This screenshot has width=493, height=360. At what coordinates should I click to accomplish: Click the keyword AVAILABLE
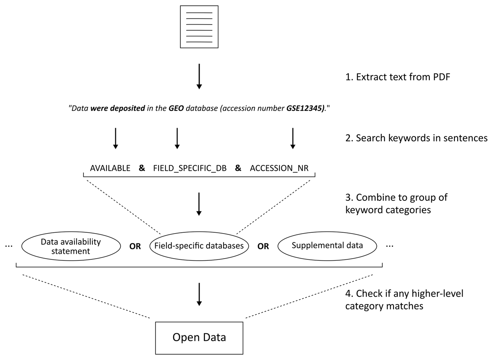coord(110,168)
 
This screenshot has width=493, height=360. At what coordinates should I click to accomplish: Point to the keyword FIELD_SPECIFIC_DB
coord(190,168)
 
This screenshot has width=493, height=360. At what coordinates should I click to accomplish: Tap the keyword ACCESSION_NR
coord(279,168)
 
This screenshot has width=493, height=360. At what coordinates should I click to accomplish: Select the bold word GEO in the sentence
coord(176,108)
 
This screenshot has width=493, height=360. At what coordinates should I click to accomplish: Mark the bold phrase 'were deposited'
coord(118,108)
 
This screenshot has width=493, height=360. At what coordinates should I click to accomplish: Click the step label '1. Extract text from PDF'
coord(398,77)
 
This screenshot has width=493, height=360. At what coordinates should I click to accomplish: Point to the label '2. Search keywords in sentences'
coord(417,138)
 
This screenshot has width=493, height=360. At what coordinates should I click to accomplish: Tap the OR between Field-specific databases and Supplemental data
coord(263,246)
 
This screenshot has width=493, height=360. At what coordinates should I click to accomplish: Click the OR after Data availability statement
coord(135,246)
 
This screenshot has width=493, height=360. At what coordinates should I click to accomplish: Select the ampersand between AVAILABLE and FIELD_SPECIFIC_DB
coord(142,168)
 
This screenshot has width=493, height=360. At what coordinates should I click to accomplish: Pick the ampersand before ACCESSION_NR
coord(238,168)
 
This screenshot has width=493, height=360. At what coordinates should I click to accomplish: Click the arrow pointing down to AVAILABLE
coord(115,138)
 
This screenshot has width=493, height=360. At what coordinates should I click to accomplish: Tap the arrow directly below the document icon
coord(199,76)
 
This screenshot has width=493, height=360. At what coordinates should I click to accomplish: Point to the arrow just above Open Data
coord(199,294)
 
